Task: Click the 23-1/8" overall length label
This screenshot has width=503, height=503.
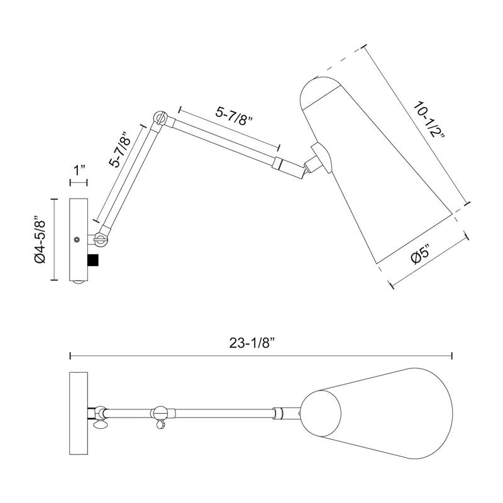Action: pyautogui.click(x=253, y=343)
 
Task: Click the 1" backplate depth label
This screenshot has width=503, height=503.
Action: pyautogui.click(x=79, y=170)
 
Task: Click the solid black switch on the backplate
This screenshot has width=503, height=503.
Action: pyautogui.click(x=93, y=260)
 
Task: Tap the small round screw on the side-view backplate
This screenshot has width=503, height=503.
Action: pyautogui.click(x=77, y=240)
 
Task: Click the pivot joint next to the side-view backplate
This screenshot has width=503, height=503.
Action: pyautogui.click(x=101, y=239)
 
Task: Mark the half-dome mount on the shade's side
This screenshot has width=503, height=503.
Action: pyautogui.click(x=323, y=158)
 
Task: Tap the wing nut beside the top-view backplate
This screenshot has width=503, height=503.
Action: pyautogui.click(x=100, y=425)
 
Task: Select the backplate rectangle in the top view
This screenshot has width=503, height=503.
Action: pyautogui.click(x=79, y=413)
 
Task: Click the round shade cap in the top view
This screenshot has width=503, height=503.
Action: pyautogui.click(x=321, y=412)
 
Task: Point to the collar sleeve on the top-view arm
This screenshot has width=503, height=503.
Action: pyautogui.click(x=278, y=413)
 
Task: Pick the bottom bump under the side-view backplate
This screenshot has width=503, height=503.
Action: pyautogui.click(x=79, y=282)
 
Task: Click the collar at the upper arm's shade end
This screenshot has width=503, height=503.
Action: pyautogui.click(x=277, y=163)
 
